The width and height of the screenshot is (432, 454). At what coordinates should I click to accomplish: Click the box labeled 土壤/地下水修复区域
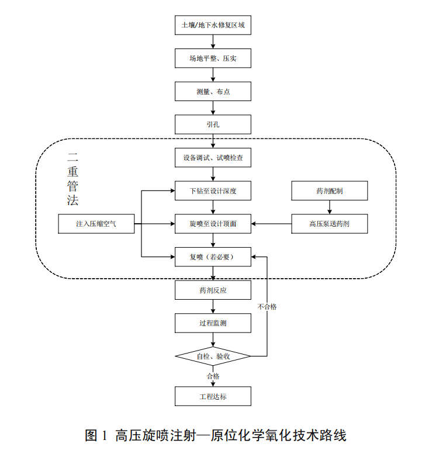[213, 26]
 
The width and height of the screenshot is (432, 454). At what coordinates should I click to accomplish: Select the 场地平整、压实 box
[213, 58]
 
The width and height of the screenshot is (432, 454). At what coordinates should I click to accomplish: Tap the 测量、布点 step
[213, 92]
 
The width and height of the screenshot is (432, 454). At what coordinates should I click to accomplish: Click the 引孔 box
[213, 124]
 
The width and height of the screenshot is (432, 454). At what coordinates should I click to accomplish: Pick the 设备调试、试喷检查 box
[213, 158]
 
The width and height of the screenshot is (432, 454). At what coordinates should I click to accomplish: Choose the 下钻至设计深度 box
[213, 190]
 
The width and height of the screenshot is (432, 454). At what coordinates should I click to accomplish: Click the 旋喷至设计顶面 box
[213, 223]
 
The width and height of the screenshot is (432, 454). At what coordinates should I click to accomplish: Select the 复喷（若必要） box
[213, 257]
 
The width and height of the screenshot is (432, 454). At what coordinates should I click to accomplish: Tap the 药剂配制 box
[330, 190]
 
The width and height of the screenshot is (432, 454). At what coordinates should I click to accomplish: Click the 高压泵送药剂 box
[330, 223]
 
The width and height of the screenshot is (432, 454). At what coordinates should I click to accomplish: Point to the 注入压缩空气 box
[96, 223]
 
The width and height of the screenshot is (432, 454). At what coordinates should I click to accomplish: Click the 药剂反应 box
[213, 290]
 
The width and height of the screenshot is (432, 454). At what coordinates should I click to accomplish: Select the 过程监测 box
[213, 323]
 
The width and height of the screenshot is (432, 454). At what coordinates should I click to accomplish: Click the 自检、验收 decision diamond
[213, 356]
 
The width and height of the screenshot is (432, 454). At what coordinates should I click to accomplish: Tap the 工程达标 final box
[213, 396]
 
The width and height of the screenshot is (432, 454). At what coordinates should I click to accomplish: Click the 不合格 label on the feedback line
[267, 306]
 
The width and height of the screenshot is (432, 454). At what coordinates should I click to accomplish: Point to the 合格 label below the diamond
[213, 376]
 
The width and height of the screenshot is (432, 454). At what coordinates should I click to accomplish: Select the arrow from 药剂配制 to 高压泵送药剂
[330, 207]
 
